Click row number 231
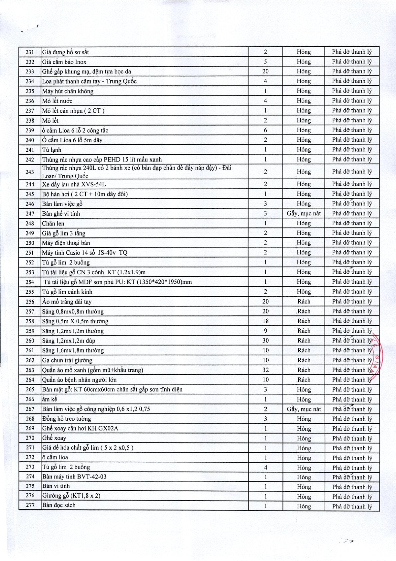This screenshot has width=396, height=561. (x=30, y=52)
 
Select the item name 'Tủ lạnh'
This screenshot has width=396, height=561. (x=52, y=150)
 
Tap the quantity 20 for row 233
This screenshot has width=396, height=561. (x=265, y=71)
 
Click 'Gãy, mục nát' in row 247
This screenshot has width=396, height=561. (x=304, y=214)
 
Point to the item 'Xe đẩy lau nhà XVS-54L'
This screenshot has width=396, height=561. (x=74, y=184)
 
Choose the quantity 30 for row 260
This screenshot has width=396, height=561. (x=265, y=340)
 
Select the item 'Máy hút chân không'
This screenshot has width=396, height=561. (x=68, y=91)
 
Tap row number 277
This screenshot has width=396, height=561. (x=30, y=505)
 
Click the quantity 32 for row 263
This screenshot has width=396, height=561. (x=265, y=370)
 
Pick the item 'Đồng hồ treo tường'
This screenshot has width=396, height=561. (x=67, y=419)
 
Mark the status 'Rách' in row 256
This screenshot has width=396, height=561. (x=304, y=302)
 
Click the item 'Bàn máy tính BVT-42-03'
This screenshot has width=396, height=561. (x=74, y=477)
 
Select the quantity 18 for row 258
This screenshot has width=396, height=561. (x=265, y=321)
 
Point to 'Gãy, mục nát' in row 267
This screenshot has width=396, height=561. (x=304, y=409)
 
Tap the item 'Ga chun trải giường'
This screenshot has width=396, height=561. (x=67, y=360)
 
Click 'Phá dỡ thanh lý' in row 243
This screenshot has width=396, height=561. (x=352, y=172)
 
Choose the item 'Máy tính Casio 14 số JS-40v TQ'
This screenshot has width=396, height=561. (x=85, y=252)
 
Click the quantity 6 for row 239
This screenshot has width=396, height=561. (x=265, y=130)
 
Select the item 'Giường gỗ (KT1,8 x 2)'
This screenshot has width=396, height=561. (x=71, y=495)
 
